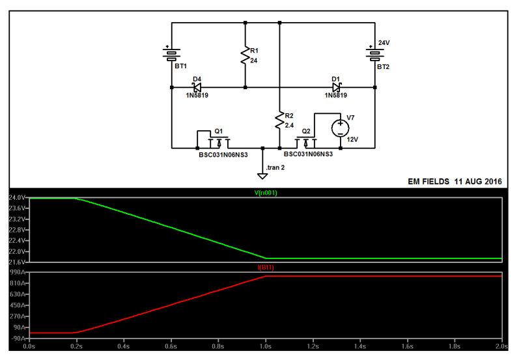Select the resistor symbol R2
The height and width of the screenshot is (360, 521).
279,120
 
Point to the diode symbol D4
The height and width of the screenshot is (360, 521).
197,87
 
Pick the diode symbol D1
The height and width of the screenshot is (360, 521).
336,87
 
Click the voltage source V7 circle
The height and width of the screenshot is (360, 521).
339,128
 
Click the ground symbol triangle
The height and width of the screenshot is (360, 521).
262,175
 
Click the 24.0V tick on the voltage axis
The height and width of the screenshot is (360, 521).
16,198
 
